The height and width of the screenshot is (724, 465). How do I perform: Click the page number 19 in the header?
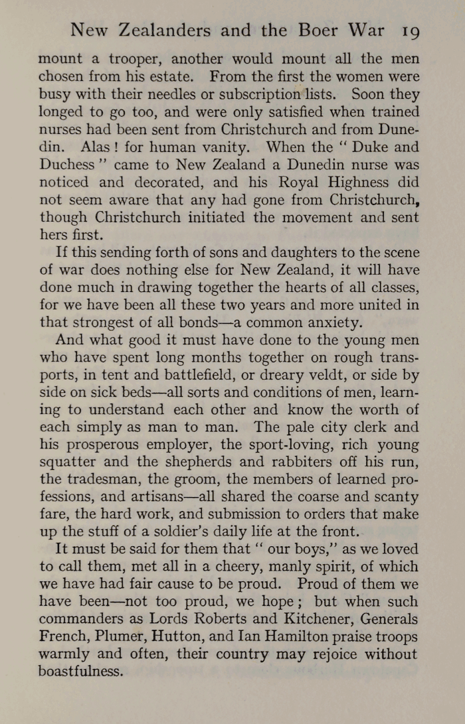point(404,31)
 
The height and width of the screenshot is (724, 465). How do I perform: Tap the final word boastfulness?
point(81,671)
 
